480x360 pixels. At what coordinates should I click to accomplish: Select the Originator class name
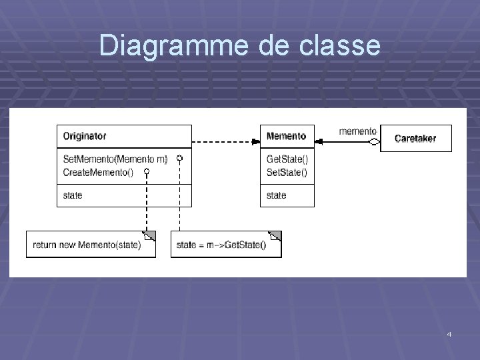[85, 136]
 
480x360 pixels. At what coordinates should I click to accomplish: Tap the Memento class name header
[286, 136]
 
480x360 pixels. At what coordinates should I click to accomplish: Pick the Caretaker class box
[415, 139]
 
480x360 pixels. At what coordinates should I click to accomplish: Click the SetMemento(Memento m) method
[115, 159]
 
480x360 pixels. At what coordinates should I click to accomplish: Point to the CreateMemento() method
[98, 172]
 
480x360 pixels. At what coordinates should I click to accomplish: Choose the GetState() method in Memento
[287, 159]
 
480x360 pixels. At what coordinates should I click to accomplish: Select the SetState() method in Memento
[287, 172]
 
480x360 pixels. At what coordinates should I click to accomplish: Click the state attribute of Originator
[73, 195]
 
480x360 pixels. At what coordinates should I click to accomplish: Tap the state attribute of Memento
[276, 195]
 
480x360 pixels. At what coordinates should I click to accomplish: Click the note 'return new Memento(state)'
[87, 245]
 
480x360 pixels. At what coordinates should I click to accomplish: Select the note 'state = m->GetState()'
[221, 245]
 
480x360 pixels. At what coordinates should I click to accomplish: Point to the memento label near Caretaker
[357, 131]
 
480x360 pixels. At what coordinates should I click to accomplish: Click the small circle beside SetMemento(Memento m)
[179, 159]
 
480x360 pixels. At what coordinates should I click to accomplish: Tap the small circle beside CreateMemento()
[146, 172]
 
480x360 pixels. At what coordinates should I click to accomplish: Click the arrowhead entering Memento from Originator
[255, 141]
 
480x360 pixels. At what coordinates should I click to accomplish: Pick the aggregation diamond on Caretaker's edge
[374, 141]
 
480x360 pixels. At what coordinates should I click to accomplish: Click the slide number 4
[449, 333]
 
